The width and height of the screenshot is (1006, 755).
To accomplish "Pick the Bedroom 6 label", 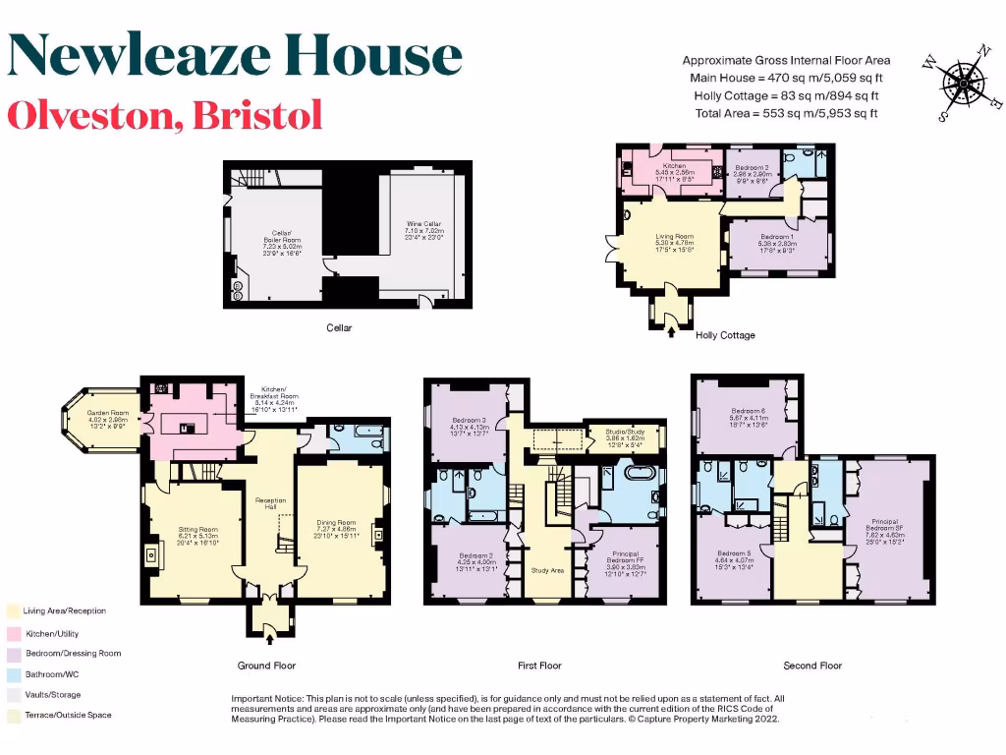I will [x=748, y=417].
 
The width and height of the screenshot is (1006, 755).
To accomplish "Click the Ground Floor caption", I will [x=266, y=666].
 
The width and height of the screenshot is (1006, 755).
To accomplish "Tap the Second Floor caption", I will [x=812, y=666].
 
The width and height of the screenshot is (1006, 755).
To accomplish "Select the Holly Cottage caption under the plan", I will [x=725, y=335].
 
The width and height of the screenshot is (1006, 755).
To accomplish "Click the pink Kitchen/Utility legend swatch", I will [x=14, y=632].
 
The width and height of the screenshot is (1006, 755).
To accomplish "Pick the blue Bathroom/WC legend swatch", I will [x=14, y=673].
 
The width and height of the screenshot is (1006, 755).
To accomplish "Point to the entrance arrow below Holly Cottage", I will [x=672, y=332].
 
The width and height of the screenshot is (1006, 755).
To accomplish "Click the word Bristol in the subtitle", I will [x=257, y=115].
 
